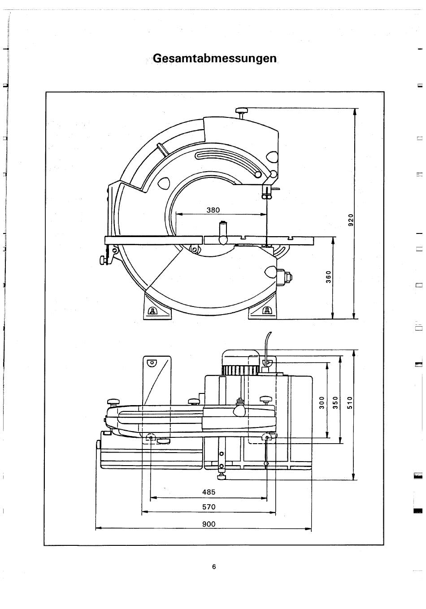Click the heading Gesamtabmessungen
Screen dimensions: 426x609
(215, 58)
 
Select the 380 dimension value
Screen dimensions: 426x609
(213, 210)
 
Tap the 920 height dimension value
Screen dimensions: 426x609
(351, 220)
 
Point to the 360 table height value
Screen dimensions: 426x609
(328, 277)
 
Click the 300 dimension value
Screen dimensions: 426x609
(322, 402)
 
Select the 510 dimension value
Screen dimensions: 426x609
(350, 402)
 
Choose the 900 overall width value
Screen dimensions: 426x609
(209, 524)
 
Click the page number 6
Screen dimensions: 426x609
(214, 567)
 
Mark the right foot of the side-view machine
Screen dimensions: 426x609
(262, 307)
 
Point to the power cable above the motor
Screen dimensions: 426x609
(267, 343)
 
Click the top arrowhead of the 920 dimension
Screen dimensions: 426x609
(354, 112)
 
